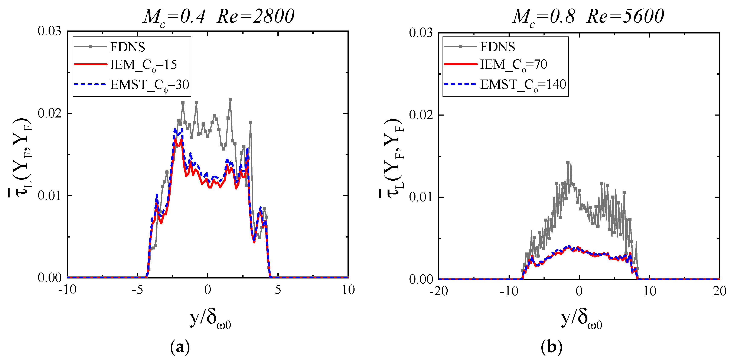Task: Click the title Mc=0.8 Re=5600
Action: (x=588, y=17)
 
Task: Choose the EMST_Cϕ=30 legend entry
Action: (x=149, y=85)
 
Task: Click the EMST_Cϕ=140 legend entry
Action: (x=523, y=85)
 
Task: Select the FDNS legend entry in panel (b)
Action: (x=498, y=47)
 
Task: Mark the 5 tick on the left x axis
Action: (x=278, y=290)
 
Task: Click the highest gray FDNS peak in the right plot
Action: (x=568, y=162)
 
